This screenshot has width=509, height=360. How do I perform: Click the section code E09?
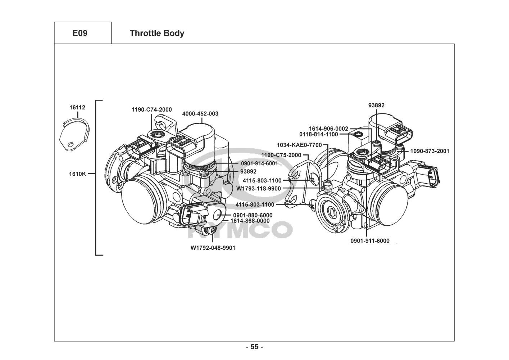pyautogui.click(x=80, y=33)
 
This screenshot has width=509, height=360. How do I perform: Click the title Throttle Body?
pyautogui.click(x=157, y=33)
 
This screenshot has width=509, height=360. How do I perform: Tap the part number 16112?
pyautogui.click(x=77, y=108)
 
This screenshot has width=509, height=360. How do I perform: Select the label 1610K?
pyautogui.click(x=77, y=174)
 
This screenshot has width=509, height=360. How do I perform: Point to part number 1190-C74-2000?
pyautogui.click(x=152, y=109)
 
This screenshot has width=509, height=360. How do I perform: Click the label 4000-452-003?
pyautogui.click(x=200, y=114)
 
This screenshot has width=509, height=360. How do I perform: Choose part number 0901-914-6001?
pyautogui.click(x=259, y=163)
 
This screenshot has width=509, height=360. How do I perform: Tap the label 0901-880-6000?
pyautogui.click(x=253, y=215)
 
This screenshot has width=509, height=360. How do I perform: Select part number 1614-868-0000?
pyautogui.click(x=250, y=221)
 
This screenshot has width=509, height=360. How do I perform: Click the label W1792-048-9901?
pyautogui.click(x=213, y=248)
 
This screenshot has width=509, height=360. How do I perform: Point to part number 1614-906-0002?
pyautogui.click(x=328, y=129)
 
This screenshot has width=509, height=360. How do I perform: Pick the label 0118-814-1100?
pyautogui.click(x=319, y=134)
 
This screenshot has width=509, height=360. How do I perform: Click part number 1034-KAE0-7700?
pyautogui.click(x=299, y=145)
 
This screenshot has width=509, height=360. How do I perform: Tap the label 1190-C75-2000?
pyautogui.click(x=281, y=155)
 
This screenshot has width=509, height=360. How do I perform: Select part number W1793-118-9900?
pyautogui.click(x=259, y=189)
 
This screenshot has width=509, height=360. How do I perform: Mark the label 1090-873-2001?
pyautogui.click(x=430, y=151)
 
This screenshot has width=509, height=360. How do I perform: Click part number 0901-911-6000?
pyautogui.click(x=370, y=241)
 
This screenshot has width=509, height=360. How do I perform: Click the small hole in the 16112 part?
pyautogui.click(x=71, y=144)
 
